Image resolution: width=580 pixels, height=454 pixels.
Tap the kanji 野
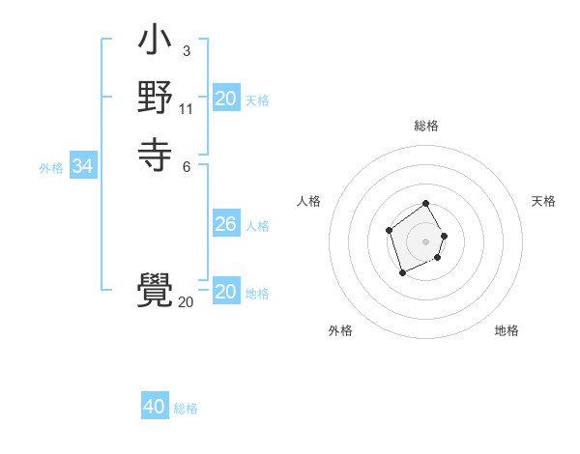click(156, 97)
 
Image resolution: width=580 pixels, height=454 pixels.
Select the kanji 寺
click(156, 153)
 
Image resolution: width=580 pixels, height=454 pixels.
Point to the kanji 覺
click(156, 290)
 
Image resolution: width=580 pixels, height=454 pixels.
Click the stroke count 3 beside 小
click(186, 51)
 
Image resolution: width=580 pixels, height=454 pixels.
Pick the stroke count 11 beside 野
click(187, 108)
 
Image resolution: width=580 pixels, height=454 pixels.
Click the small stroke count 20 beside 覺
click(186, 302)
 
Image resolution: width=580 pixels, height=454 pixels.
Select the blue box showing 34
click(82, 167)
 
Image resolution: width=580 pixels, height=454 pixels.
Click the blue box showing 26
click(225, 225)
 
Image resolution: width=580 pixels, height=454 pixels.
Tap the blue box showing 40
click(155, 408)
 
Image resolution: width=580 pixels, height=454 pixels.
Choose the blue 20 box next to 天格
click(225, 99)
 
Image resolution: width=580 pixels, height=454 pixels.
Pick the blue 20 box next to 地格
click(225, 293)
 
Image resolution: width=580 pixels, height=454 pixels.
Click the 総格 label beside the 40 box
click(186, 409)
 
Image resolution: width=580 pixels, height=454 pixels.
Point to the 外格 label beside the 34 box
click(51, 168)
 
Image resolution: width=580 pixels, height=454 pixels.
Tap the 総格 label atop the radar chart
click(426, 126)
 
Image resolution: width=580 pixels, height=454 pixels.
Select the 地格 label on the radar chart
click(507, 330)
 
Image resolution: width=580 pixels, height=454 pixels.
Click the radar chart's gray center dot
click(426, 241)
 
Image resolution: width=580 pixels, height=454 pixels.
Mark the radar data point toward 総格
click(426, 204)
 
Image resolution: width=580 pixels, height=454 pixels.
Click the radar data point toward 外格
click(403, 273)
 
